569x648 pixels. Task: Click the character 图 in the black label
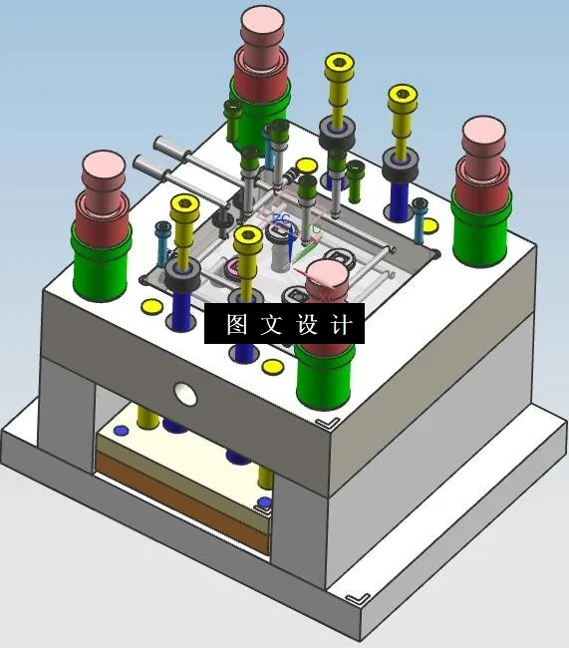click(236, 325)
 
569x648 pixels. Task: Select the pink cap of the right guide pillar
click(483, 136)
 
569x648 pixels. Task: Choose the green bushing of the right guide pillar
click(481, 225)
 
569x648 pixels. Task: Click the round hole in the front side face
click(185, 393)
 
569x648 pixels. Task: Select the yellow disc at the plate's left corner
click(151, 307)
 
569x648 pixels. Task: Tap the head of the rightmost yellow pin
click(402, 98)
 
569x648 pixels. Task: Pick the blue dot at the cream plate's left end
click(121, 430)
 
